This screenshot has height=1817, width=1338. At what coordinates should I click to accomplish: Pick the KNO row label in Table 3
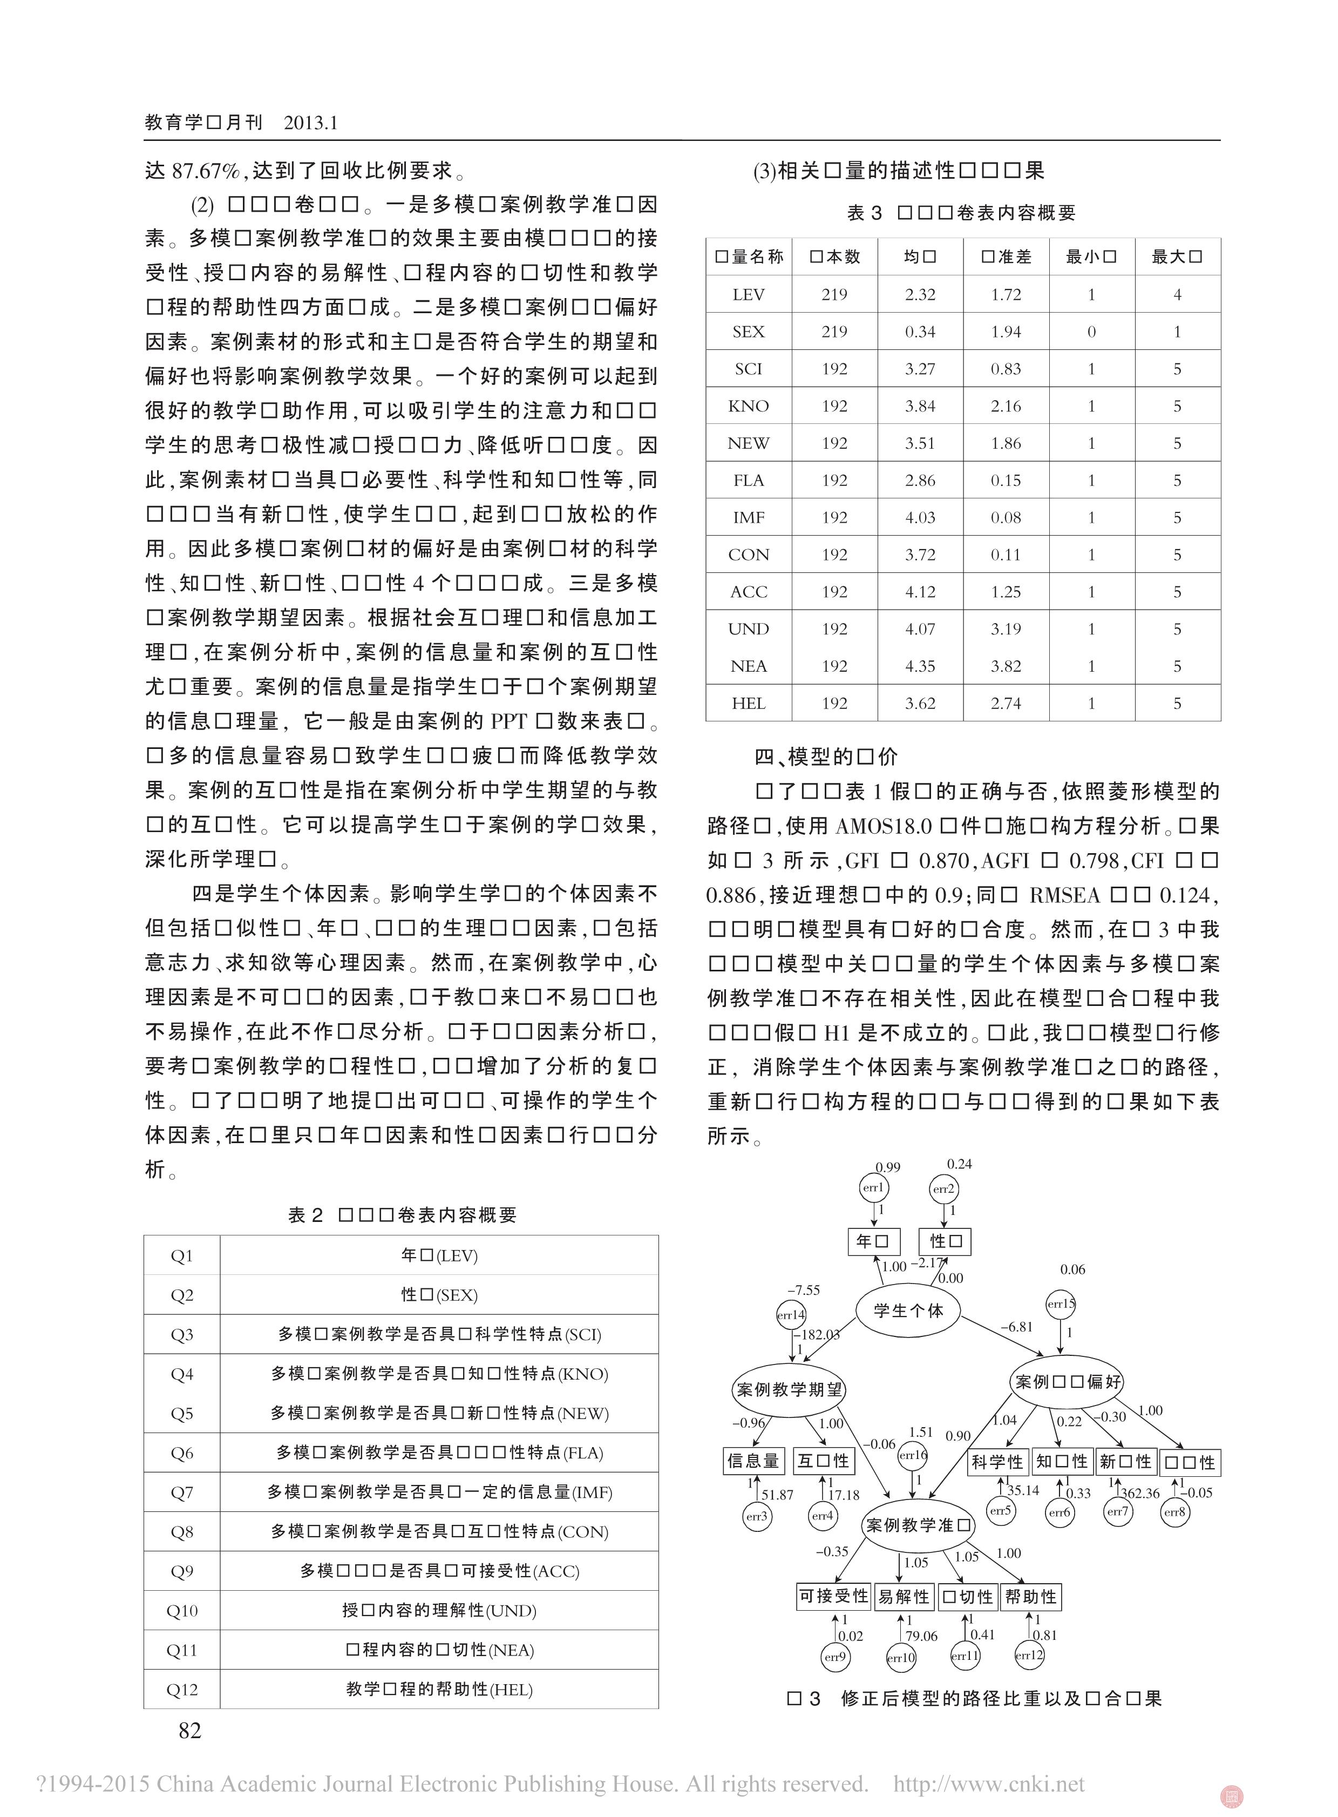pos(749,406)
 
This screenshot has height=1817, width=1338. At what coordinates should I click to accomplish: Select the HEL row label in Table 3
pos(749,703)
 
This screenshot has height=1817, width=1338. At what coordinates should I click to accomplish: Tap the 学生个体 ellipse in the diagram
pos(909,1310)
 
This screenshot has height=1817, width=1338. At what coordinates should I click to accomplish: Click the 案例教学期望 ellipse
pos(789,1389)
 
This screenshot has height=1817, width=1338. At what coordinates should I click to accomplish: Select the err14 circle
pos(791,1315)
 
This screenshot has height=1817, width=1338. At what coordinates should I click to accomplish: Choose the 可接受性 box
pos(833,1596)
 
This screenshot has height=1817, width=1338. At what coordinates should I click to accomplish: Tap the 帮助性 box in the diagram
pos(1030,1596)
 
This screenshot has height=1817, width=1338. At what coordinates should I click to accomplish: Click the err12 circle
pos(1029,1655)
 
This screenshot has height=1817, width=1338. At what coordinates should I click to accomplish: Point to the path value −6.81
pos(1016,1327)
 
